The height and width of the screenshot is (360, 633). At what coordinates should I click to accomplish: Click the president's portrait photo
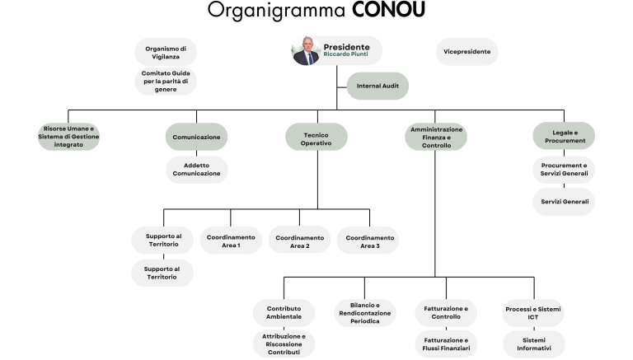[306, 51]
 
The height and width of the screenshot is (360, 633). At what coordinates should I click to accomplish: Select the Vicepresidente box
[467, 52]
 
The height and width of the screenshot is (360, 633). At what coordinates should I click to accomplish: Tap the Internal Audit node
[377, 86]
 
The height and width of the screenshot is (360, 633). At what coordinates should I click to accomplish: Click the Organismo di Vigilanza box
[166, 53]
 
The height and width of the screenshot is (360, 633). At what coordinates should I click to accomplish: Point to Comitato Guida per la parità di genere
[166, 81]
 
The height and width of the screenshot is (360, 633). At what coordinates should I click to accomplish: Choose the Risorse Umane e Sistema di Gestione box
[68, 137]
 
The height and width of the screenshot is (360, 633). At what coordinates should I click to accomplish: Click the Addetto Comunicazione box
[197, 170]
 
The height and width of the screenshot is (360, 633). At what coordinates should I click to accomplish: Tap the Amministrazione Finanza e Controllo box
[436, 137]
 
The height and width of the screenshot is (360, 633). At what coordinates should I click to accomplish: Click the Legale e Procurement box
[564, 137]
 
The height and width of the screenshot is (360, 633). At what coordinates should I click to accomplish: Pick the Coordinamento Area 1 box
[231, 241]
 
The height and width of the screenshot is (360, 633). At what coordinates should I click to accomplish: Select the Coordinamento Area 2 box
[299, 241]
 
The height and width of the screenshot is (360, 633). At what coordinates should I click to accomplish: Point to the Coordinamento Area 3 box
[368, 241]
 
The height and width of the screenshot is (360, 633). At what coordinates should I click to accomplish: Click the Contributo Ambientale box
[284, 313]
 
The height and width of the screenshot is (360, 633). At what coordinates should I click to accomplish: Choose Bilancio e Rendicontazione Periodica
[365, 313]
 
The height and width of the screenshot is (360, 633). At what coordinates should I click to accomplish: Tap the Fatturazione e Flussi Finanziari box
[446, 344]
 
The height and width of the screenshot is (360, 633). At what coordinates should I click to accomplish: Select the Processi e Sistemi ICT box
[533, 313]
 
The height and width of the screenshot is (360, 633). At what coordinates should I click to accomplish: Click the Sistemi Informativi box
[534, 344]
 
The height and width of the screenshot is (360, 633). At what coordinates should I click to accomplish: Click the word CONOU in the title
[388, 10]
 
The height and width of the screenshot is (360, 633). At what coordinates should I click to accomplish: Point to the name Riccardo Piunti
[345, 54]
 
